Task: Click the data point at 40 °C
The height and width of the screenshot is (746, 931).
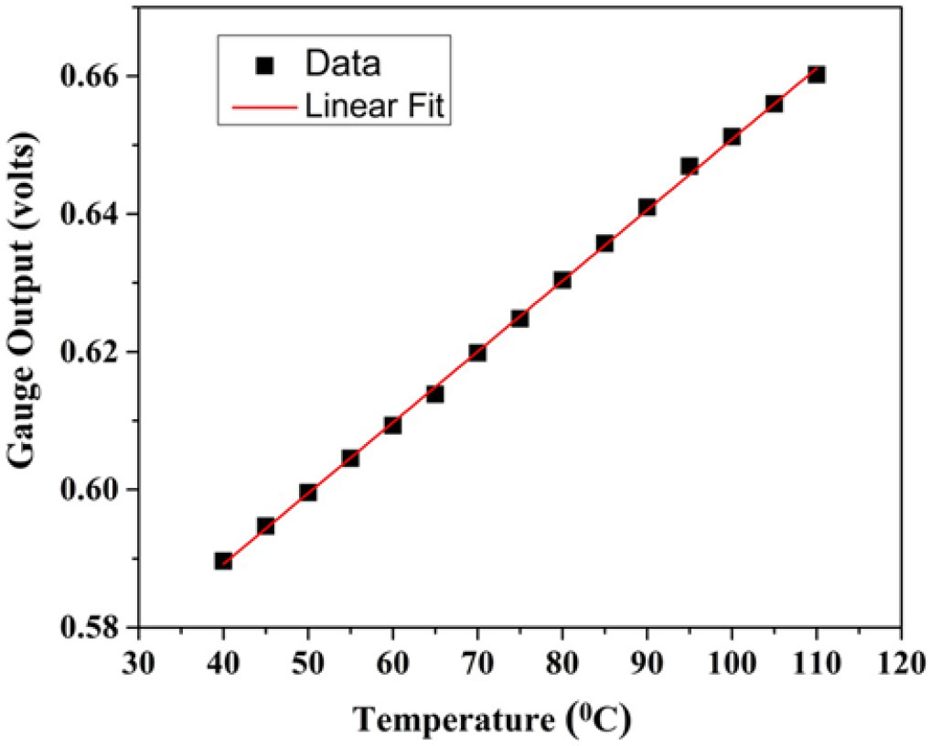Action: (223, 560)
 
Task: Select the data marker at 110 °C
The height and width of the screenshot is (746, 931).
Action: (817, 74)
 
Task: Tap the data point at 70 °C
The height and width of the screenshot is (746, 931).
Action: (477, 352)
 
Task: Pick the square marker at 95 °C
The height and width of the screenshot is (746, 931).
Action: (690, 166)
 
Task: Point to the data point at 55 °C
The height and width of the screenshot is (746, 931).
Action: (350, 458)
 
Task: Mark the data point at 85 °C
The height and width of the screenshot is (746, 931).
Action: (605, 243)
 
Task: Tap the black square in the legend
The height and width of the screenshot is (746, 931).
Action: (266, 66)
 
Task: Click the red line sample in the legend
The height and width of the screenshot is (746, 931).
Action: (266, 108)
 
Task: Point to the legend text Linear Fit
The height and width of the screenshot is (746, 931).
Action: (374, 107)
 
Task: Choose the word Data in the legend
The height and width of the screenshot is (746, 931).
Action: (342, 65)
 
